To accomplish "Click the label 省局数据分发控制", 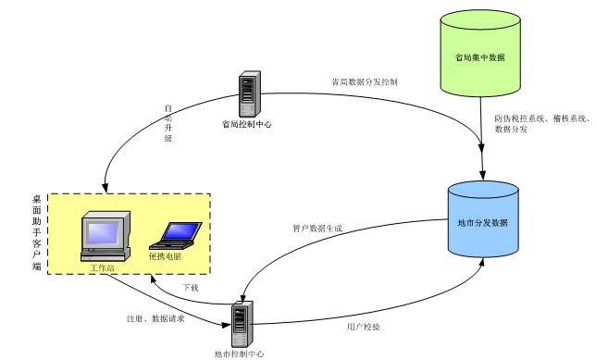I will pos(364,81).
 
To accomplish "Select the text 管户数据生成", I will pos(317,228).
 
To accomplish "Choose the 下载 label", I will pos(190,288).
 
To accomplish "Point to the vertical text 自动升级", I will pos(168,123).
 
